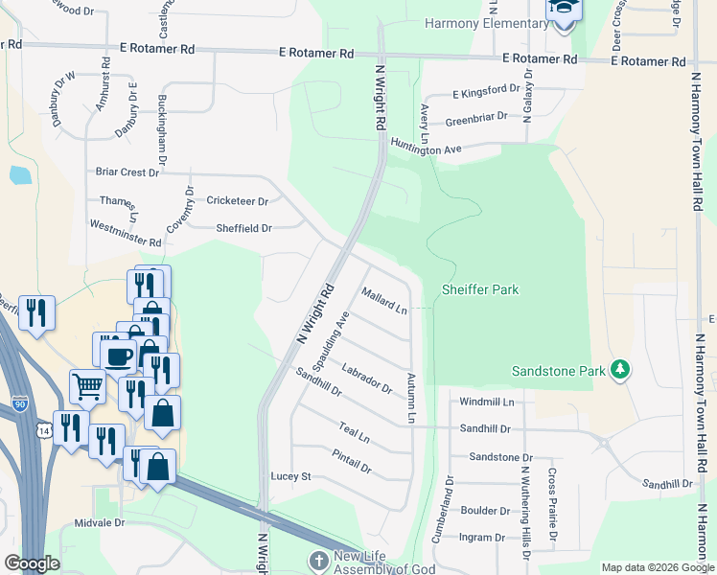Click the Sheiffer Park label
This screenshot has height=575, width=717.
480,289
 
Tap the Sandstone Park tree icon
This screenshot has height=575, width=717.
620,369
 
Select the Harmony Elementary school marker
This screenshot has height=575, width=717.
564,11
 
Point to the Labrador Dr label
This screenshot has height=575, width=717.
367,377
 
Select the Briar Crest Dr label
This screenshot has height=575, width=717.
127,172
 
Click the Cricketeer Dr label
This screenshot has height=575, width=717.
237,201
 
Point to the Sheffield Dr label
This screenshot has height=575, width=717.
244,228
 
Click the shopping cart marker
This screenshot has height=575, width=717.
87,386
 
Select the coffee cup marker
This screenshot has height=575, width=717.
119,356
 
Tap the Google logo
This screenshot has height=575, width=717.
32,563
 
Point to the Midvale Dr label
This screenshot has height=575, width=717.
100,523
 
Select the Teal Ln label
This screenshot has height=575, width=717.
354,434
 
